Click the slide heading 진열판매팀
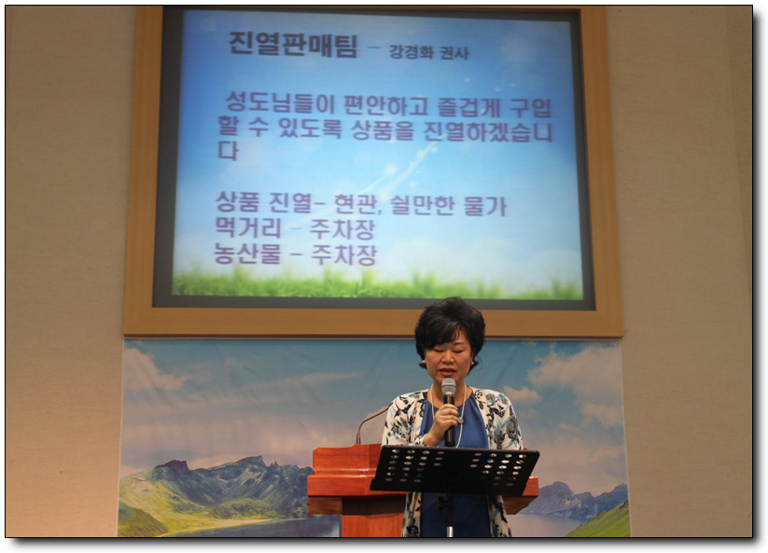coord(293,45)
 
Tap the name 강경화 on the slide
coord(411,52)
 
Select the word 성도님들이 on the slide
coord(280,104)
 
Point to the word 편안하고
coord(386,105)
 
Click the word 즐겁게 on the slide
coord(468,107)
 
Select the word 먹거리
coord(248,228)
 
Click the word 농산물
coord(248,254)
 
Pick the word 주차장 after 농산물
coord(343,255)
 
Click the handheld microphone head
coord(449,388)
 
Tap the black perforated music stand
coord(454,470)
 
